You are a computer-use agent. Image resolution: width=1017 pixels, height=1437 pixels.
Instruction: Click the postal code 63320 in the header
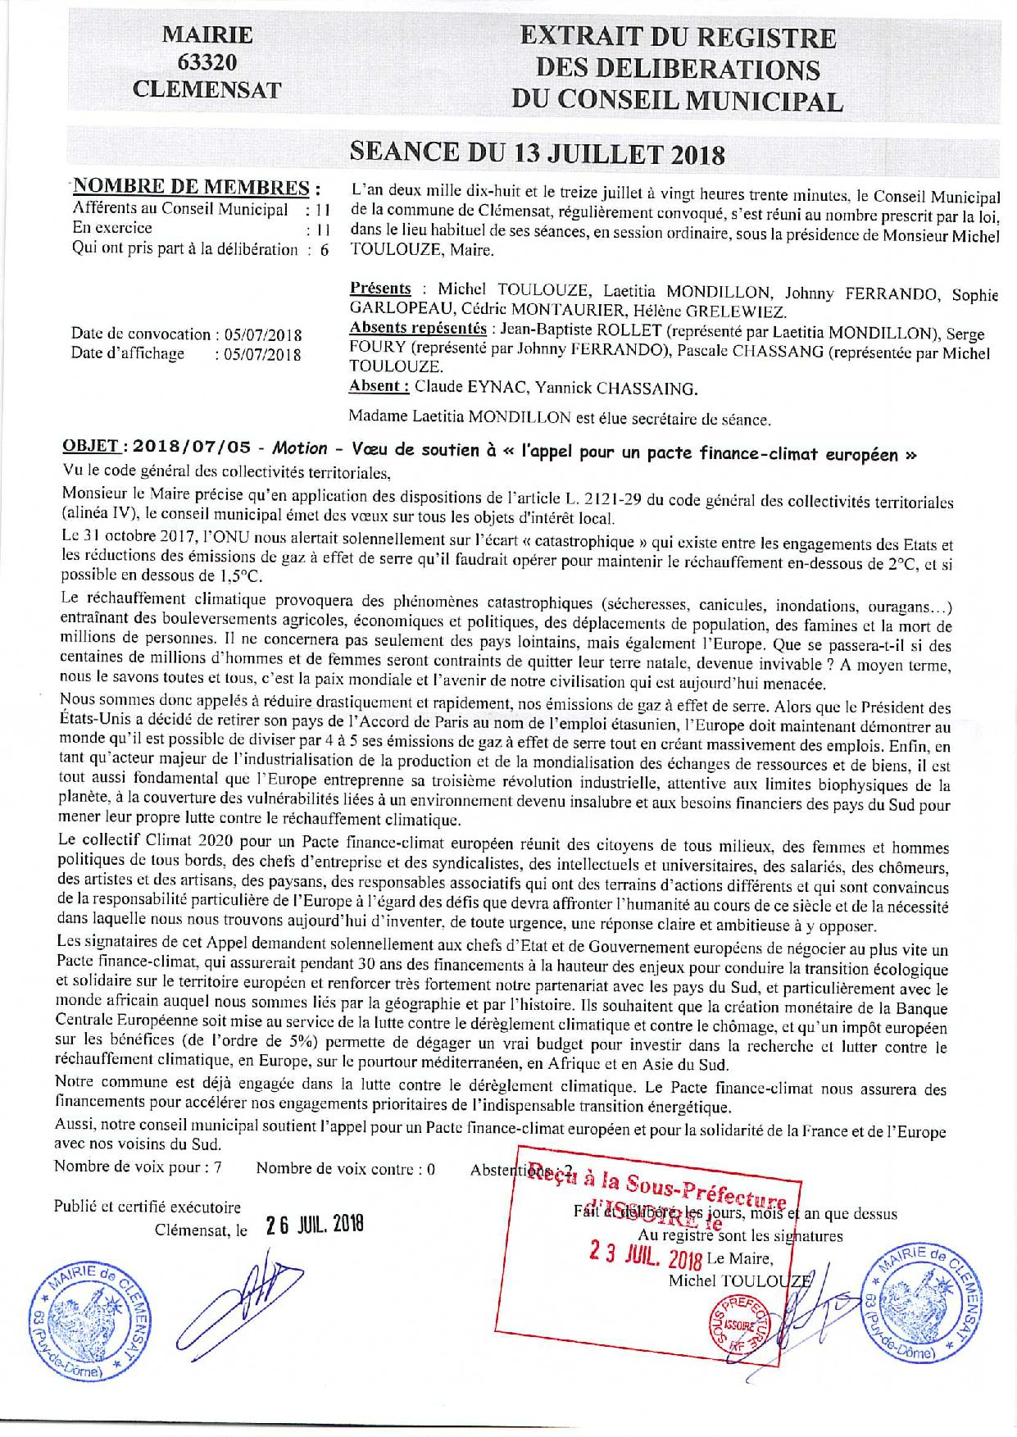point(207,62)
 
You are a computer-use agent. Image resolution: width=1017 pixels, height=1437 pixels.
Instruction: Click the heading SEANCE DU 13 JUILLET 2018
point(538,153)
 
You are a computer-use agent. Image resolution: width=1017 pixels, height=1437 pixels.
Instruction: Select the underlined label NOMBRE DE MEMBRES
point(193,187)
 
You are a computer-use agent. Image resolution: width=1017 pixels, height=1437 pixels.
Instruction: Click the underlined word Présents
point(380,289)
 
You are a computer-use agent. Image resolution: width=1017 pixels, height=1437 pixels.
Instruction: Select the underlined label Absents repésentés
point(417,329)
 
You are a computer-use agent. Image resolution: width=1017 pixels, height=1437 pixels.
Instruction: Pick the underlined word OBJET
point(91,446)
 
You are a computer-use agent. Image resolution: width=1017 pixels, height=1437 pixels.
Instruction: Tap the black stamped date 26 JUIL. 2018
point(314,1226)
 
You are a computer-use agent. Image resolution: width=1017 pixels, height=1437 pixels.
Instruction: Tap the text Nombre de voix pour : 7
point(138,1167)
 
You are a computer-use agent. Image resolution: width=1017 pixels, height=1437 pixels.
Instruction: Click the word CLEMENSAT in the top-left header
point(207,89)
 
